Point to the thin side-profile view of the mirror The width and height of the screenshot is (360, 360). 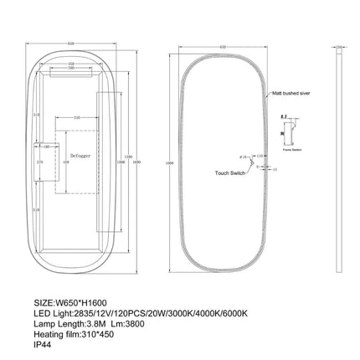(342, 159)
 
